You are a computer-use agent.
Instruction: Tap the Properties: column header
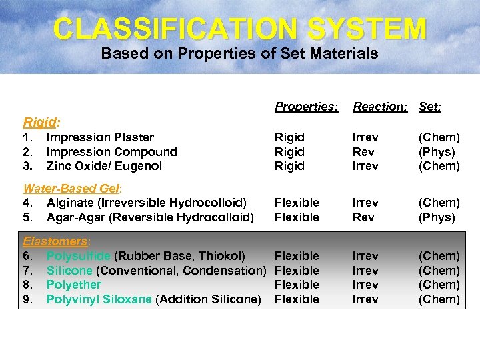tap(306, 107)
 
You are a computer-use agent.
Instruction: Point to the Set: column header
tap(430, 107)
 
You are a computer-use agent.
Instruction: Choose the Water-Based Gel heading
tap(65, 188)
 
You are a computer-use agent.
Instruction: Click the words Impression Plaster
tap(100, 137)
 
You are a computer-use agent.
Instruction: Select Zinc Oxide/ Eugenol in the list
tap(104, 166)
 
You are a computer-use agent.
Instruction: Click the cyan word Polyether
tap(74, 285)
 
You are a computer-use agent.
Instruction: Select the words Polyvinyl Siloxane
tap(99, 299)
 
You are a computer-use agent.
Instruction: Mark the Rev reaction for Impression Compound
tap(363, 152)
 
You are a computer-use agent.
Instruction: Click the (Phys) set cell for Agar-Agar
tap(437, 217)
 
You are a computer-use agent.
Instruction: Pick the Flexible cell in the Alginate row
tap(297, 203)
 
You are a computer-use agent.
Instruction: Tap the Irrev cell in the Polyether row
tap(365, 285)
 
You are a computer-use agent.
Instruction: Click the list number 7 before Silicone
tap(27, 271)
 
